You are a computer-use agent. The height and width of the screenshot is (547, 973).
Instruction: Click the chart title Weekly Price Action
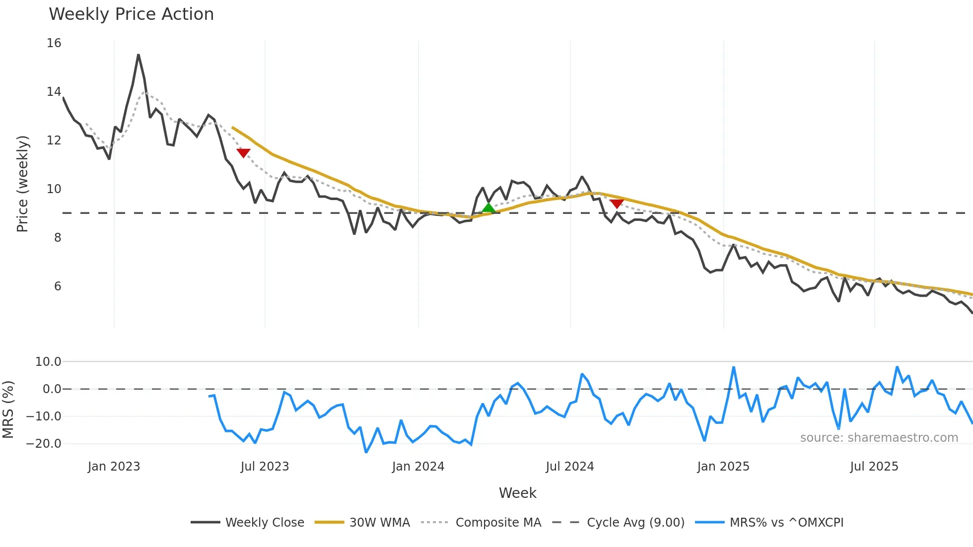tap(131, 14)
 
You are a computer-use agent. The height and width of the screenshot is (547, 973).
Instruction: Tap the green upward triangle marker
tap(488, 208)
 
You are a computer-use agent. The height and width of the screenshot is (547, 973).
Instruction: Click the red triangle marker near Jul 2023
tap(243, 153)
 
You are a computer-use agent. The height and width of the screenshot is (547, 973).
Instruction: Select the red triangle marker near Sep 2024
tap(617, 204)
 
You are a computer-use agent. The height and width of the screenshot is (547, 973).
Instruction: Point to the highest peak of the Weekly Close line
tap(139, 55)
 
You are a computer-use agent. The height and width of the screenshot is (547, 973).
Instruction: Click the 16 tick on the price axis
tap(54, 43)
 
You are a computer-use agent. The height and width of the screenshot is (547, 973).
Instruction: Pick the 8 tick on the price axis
tap(58, 238)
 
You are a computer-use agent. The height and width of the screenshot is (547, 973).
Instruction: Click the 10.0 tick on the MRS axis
tap(48, 362)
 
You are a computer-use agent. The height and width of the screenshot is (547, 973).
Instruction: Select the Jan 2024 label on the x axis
tap(418, 467)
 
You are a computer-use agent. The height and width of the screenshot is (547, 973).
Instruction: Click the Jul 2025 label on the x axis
tap(874, 467)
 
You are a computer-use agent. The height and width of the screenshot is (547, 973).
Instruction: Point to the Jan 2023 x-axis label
tap(114, 467)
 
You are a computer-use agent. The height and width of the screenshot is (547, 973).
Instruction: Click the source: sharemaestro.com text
tap(879, 438)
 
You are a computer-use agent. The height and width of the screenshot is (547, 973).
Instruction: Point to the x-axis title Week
tap(517, 493)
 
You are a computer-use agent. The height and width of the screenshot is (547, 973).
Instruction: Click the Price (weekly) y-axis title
tap(23, 184)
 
